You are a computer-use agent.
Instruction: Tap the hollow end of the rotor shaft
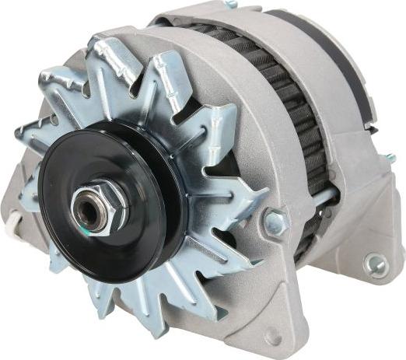click(87, 209)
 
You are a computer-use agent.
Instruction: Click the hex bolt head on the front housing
click(275, 222)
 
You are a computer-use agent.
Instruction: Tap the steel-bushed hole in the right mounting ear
click(375, 265)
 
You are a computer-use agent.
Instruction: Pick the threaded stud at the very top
click(230, 4)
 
